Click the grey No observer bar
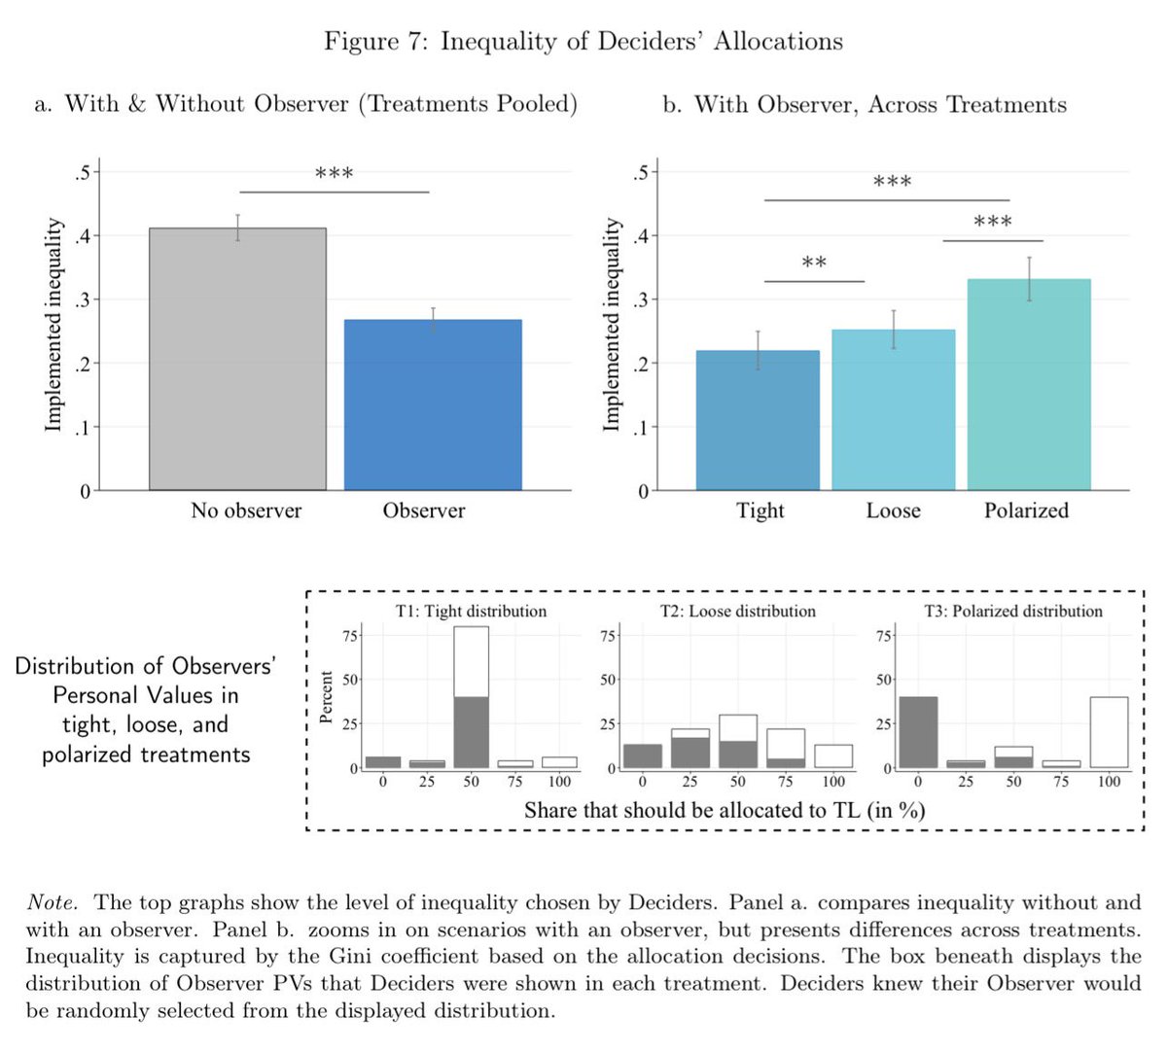point(237,360)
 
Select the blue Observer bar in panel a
point(433,404)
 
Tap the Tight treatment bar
point(758,420)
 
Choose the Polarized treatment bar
point(1028,385)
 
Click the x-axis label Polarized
point(1026,510)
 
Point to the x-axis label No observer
point(246,510)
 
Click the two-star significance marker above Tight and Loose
point(814,263)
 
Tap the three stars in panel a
point(334,175)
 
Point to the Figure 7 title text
point(583,42)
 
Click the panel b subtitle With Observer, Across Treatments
point(865,105)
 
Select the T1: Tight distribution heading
point(471,612)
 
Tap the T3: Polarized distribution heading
point(1012,612)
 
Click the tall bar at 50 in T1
point(471,698)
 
